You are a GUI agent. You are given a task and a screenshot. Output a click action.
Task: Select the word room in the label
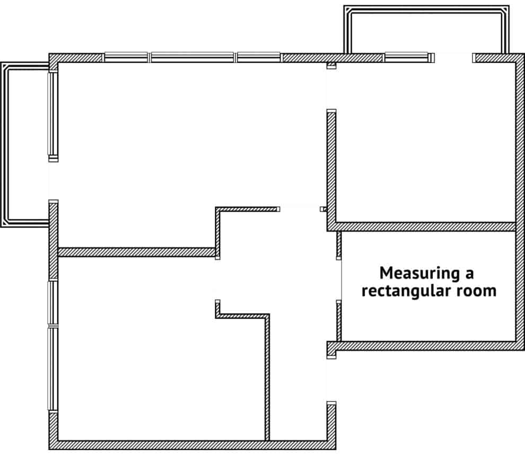tap(477, 291)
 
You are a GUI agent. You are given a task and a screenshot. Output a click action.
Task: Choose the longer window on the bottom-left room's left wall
tap(53, 369)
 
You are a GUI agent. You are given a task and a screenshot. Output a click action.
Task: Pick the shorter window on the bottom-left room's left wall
tap(53, 302)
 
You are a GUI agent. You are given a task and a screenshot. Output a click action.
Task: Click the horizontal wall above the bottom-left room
tap(135, 252)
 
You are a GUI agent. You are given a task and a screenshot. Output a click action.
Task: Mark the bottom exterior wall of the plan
tap(191, 445)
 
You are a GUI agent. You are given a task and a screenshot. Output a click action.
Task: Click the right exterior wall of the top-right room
tap(520, 143)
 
